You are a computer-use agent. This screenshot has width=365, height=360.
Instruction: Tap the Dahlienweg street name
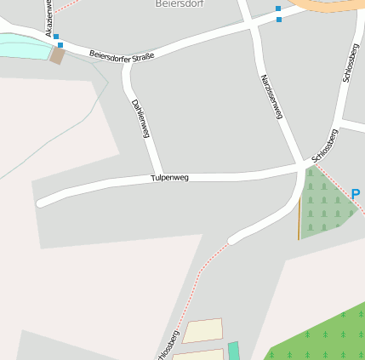click(x=140, y=118)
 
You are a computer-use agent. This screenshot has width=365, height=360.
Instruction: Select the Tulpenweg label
click(x=169, y=178)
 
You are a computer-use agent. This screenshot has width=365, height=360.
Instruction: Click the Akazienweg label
click(x=48, y=17)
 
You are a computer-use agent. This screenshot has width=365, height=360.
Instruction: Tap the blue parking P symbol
click(x=356, y=194)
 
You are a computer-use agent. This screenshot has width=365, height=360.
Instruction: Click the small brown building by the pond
click(x=58, y=56)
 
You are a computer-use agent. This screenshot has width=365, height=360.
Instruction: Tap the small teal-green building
click(x=234, y=351)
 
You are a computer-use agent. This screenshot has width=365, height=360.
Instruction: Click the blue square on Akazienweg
click(x=56, y=37)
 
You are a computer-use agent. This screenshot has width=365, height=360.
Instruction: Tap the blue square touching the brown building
click(x=60, y=45)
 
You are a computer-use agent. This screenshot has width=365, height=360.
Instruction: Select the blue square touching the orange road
click(x=278, y=9)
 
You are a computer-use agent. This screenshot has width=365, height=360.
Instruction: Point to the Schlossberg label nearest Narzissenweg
click(x=325, y=145)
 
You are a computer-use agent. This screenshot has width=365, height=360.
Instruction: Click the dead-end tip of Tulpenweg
click(x=40, y=203)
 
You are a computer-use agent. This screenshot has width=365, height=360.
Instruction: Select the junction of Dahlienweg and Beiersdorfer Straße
click(x=128, y=66)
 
